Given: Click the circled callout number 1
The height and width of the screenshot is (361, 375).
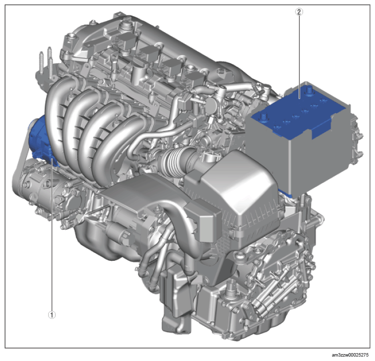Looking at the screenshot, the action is [52, 315].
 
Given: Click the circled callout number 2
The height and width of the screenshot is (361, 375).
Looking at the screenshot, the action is [299, 12].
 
